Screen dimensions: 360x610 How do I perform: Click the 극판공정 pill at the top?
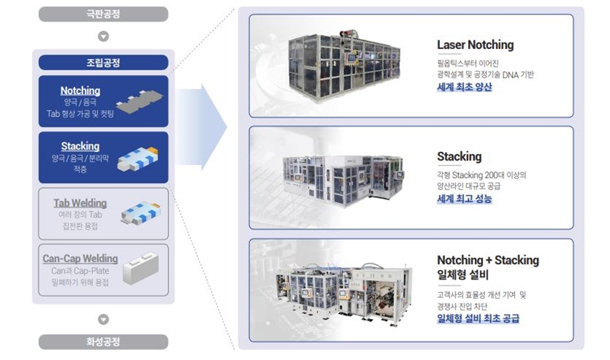pyautogui.click(x=103, y=14)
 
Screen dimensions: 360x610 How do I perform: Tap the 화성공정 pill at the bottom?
pyautogui.click(x=103, y=342)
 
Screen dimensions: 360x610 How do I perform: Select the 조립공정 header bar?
pyautogui.click(x=103, y=63)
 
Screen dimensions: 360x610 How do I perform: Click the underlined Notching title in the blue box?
pyautogui.click(x=80, y=91)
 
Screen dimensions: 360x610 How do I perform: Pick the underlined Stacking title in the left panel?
pyautogui.click(x=80, y=146)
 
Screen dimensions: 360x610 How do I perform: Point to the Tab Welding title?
pyautogui.click(x=80, y=203)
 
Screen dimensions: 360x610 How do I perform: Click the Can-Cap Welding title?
pyautogui.click(x=80, y=258)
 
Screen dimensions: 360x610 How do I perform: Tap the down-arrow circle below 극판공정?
pyautogui.click(x=103, y=35)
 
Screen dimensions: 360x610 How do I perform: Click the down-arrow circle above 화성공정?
pyautogui.click(x=103, y=319)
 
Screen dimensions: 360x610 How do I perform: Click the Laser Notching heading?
pyautogui.click(x=475, y=45)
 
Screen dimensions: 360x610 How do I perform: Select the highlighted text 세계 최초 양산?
pyautogui.click(x=465, y=87)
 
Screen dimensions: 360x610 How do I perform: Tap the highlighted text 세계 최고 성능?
pyautogui.click(x=465, y=198)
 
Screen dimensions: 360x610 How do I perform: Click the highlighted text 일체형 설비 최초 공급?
pyautogui.click(x=478, y=318)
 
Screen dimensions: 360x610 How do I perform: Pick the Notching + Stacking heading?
pyautogui.click(x=488, y=260)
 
